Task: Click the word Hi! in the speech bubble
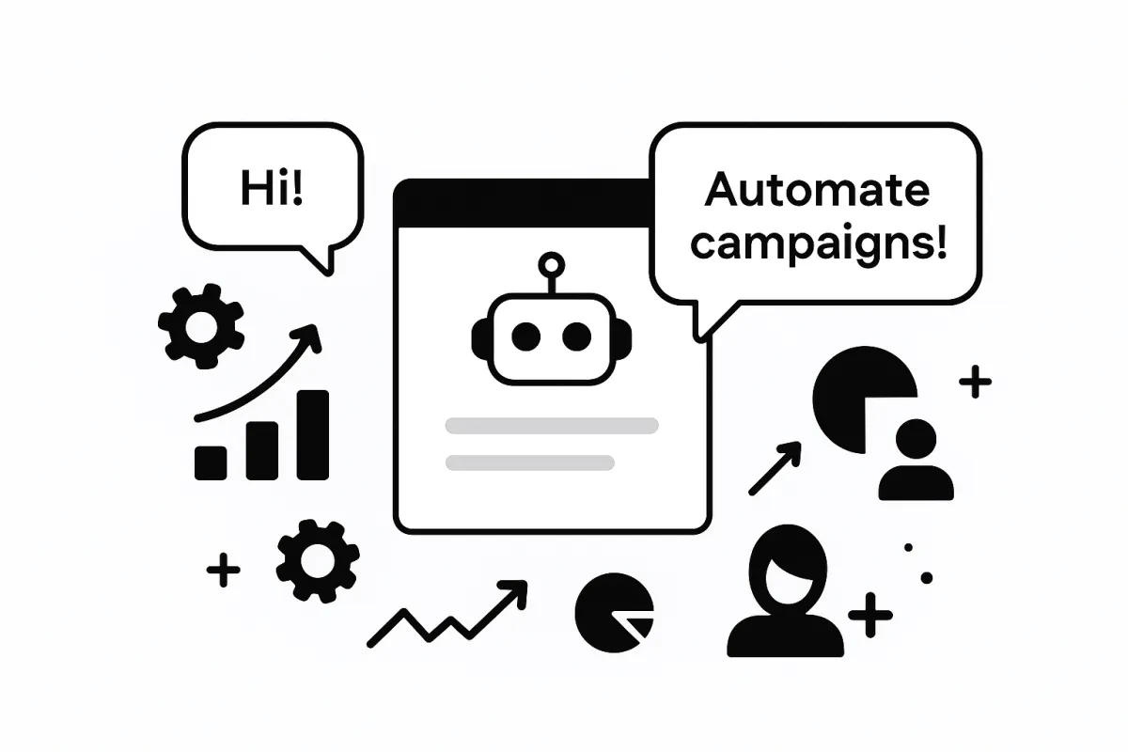pos(273,190)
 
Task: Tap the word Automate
pos(816,192)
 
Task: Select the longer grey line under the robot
pos(552,425)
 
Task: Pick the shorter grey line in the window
pos(530,462)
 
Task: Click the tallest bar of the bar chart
pos(313,434)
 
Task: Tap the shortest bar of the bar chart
pos(211,462)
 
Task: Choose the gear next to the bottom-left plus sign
pos(318,562)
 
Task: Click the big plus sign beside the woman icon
pos(869,617)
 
